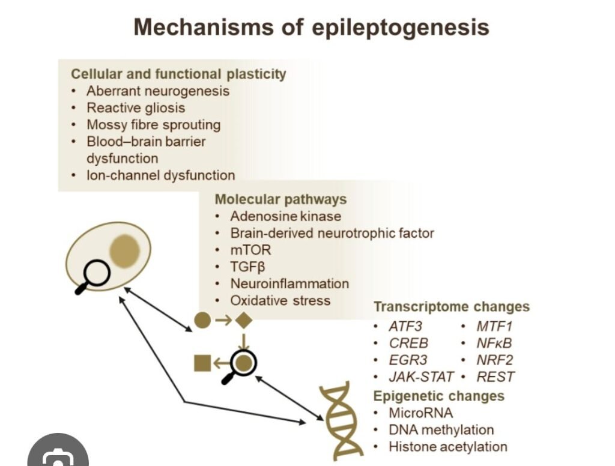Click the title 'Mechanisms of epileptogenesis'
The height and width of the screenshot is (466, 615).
pos(311,28)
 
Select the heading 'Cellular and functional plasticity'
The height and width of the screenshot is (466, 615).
pos(178,74)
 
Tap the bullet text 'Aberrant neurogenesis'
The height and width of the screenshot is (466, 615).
pos(158,91)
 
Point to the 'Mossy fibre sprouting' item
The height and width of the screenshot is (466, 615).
pos(153,125)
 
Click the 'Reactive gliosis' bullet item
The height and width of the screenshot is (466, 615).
pos(136,108)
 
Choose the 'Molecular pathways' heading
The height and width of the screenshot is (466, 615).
pos(280,199)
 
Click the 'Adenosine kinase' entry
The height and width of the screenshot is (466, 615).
pos(285,216)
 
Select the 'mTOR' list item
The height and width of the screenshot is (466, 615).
pos(250,250)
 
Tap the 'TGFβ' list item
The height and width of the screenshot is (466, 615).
pos(247,267)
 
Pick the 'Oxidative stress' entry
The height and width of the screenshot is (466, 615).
pos(280,300)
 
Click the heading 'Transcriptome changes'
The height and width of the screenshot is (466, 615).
pos(452,307)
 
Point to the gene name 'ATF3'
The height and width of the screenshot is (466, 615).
pos(406,327)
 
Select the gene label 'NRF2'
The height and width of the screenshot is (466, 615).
pos(495,360)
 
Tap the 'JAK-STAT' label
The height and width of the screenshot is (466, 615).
pos(421,377)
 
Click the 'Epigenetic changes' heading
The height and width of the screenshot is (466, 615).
pos(439,396)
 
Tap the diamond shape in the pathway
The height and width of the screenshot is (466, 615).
pos(243,321)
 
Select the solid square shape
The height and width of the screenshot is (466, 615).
pos(202,363)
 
